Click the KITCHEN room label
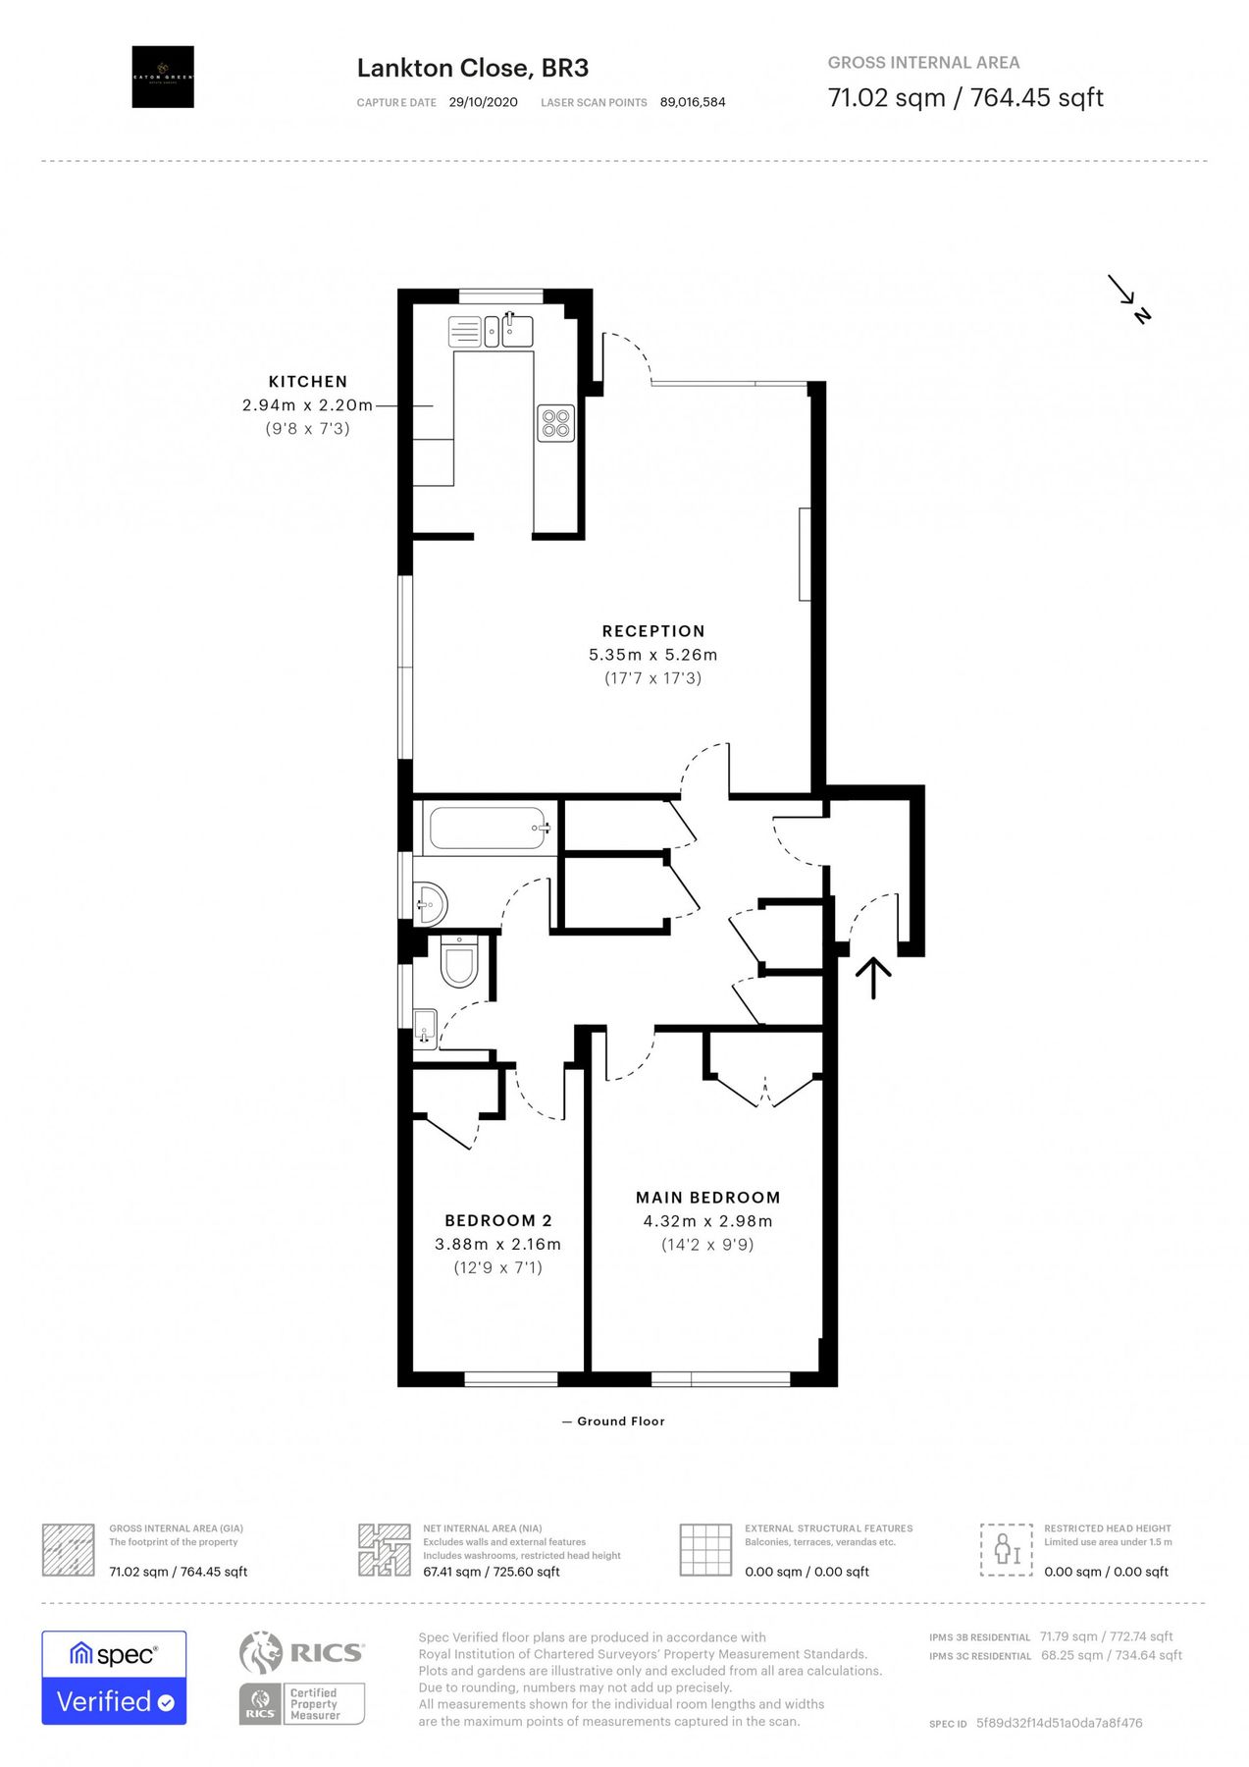pos(307,381)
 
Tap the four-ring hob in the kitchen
pos(555,423)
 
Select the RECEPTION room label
pos(653,631)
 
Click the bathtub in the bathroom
pos(488,829)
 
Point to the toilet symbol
pos(458,963)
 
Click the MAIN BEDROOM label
pos(707,1198)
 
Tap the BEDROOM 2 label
pos(498,1220)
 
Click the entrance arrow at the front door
pos(873,978)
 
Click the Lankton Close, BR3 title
pos(472,68)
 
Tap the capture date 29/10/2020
pos(483,102)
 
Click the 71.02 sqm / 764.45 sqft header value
pos(965,97)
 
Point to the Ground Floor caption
pos(620,1420)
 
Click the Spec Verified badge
pos(114,1678)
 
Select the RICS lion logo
pos(261,1653)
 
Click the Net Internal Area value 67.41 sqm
pos(491,1572)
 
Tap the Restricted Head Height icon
pos(1007,1550)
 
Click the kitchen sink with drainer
pos(490,332)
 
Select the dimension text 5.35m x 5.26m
pos(652,655)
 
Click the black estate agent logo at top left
pos(163,77)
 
